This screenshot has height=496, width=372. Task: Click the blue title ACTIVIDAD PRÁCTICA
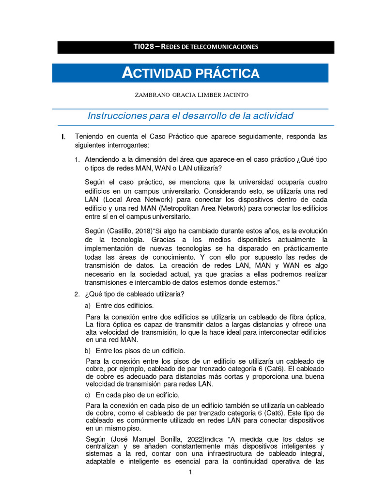(190, 74)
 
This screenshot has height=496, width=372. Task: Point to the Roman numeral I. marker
(63, 137)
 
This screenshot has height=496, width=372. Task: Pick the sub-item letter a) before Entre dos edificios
(88, 306)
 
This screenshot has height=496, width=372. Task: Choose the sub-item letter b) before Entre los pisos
(88, 351)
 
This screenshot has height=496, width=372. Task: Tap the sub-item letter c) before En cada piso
(88, 395)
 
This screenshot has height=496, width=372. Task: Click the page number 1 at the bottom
(191, 472)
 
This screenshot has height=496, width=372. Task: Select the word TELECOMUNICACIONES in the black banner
(228, 47)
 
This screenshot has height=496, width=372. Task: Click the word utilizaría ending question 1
(208, 168)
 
